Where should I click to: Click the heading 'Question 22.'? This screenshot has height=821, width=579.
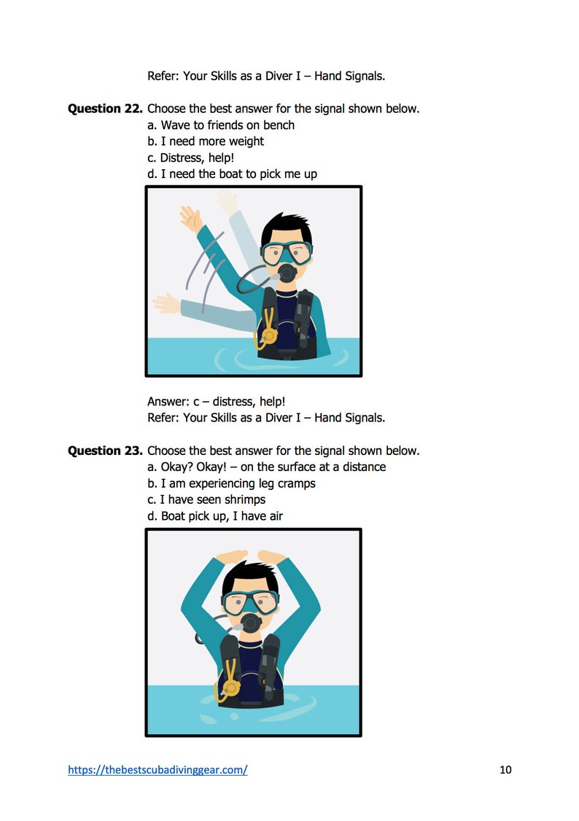tap(105, 109)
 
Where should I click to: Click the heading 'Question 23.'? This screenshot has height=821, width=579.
tap(105, 451)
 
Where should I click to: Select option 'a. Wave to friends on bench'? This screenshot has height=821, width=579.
tap(221, 125)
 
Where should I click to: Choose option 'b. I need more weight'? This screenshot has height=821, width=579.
tap(206, 141)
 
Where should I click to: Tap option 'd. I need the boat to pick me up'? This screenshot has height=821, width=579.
tap(232, 174)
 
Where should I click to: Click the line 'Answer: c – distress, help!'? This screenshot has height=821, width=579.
tap(216, 402)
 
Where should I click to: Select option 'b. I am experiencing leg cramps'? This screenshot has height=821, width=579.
tap(231, 483)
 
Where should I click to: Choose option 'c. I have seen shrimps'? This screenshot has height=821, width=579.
tap(206, 499)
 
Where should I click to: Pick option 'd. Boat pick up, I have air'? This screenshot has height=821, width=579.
tap(215, 516)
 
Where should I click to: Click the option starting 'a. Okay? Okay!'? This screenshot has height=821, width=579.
tap(266, 467)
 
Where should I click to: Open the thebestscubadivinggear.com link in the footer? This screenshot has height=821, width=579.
tap(158, 769)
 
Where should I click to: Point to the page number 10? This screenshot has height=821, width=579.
tap(506, 769)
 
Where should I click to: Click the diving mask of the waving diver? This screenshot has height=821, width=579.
tap(287, 252)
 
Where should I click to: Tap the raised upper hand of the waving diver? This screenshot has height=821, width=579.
tap(190, 217)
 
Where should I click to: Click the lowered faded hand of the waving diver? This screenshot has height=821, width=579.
tap(166, 303)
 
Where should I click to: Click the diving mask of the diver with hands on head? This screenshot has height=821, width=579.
tap(250, 601)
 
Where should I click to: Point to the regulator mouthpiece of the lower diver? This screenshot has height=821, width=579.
tap(251, 623)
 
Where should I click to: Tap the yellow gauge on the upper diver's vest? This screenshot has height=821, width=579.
tap(268, 335)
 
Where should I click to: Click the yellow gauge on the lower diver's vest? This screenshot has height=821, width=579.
tap(231, 687)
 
